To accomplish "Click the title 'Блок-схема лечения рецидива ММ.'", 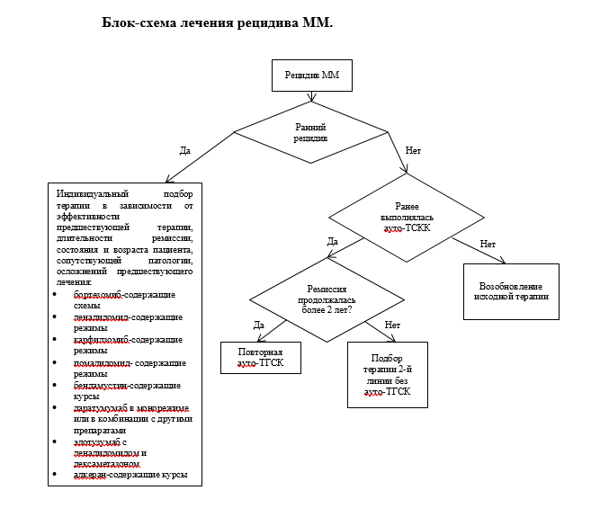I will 218,22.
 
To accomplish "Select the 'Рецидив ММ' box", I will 311,76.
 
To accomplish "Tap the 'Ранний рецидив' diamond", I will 310,134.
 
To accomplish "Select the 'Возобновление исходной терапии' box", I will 511,291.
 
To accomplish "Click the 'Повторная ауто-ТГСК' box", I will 261,357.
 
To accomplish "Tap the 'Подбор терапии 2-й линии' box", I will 387,374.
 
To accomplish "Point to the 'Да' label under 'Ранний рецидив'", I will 185,150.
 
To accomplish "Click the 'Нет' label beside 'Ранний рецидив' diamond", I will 413,151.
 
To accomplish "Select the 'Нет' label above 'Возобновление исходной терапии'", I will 488,245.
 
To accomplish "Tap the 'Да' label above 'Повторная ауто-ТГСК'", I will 259,325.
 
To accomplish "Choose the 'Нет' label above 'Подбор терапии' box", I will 392,325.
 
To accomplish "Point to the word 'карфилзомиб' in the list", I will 99,340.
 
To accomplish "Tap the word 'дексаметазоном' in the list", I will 108,464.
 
